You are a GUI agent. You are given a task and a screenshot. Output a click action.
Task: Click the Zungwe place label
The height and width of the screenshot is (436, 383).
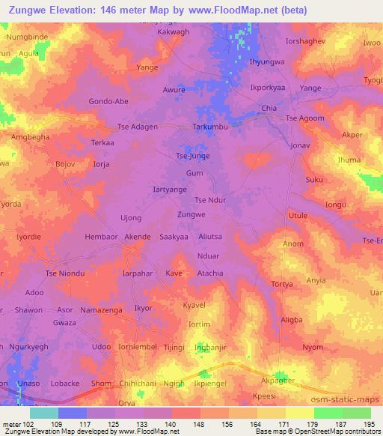tap(191, 214)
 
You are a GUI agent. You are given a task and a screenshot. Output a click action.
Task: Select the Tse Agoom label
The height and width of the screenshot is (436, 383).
tap(306, 118)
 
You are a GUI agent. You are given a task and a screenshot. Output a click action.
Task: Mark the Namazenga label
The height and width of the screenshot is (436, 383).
tap(101, 309)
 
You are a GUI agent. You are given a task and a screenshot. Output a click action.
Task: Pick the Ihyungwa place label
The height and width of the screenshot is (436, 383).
tap(267, 62)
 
